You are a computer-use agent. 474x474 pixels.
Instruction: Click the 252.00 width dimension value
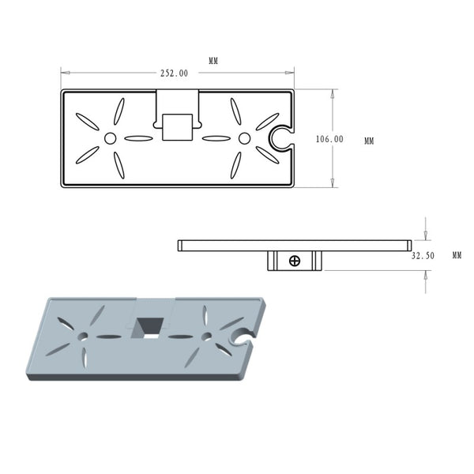tap(174, 73)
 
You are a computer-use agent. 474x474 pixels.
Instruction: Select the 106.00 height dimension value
tap(329, 139)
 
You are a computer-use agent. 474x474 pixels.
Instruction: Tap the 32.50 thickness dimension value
tap(423, 256)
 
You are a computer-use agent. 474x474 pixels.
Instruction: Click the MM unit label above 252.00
tap(213, 61)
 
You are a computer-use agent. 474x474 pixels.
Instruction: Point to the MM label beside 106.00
tap(369, 141)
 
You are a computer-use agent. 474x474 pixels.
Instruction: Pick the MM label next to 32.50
tap(457, 255)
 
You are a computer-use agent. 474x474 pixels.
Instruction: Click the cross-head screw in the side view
tap(295, 261)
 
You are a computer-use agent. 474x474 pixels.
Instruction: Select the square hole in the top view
tap(177, 127)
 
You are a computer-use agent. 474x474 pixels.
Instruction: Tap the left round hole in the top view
tap(110, 138)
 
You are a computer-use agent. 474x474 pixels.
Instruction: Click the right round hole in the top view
tap(244, 138)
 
